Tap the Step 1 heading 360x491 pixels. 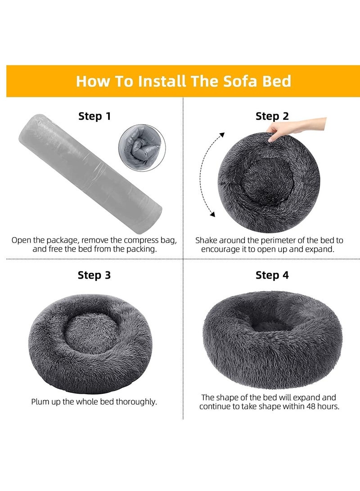pos(94,116)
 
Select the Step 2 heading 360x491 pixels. pos(272,116)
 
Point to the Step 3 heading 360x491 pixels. pos(94,275)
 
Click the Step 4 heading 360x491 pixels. pos(272,275)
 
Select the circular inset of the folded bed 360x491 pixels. pos(141,148)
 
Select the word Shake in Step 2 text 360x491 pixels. pos(207,240)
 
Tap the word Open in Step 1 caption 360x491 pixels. pos(21,240)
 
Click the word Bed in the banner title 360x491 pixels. pos(275,81)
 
